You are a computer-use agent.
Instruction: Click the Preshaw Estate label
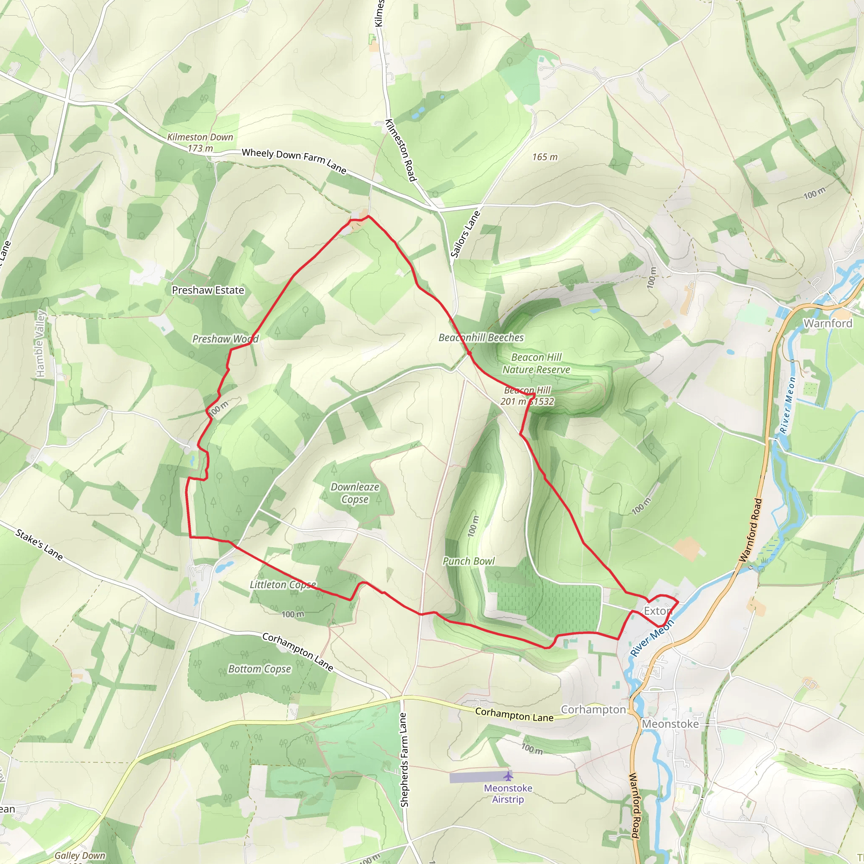coord(208,290)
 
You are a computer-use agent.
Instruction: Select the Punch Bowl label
coord(469,561)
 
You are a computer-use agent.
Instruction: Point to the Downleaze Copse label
coord(355,493)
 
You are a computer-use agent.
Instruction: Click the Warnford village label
coord(828,323)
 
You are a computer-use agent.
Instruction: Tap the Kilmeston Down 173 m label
coord(200,143)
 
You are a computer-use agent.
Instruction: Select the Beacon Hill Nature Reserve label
coord(536,363)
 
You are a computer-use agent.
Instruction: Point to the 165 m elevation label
coord(545,157)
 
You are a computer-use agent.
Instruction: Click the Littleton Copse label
coord(283,585)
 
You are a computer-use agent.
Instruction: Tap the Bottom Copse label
coord(259,669)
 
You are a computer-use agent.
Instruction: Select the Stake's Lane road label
coord(39,544)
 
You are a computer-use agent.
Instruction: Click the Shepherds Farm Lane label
coord(404,760)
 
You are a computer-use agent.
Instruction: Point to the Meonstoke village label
coord(670,724)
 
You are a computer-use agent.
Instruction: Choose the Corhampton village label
coord(593,710)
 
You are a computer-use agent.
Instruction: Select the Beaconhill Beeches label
coord(481,337)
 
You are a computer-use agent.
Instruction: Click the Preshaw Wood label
coord(225,339)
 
